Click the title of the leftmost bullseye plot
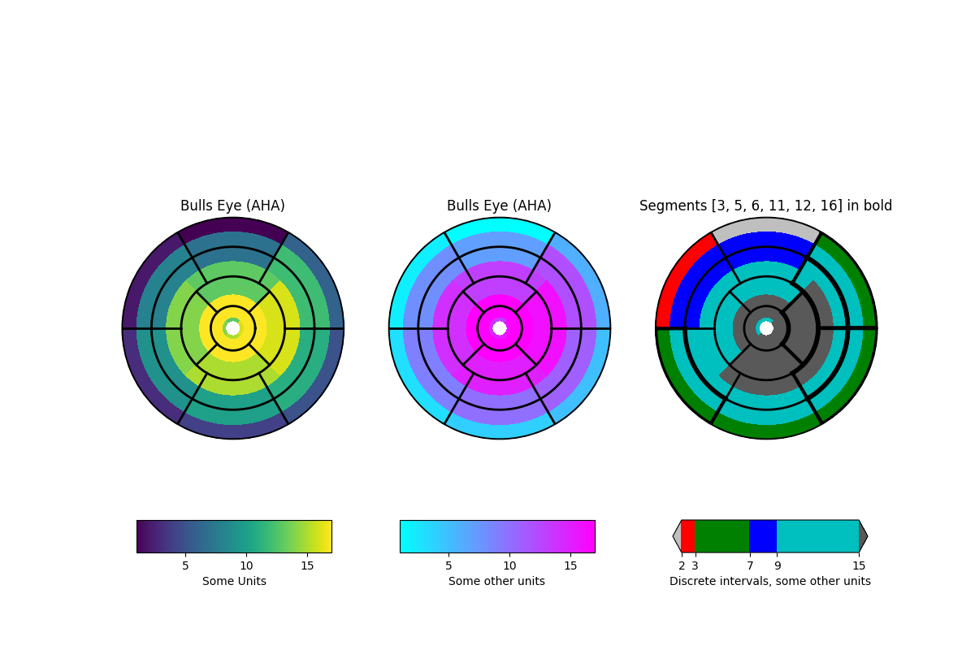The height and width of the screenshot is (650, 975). click(x=232, y=206)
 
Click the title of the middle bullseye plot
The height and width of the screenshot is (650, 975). click(x=499, y=206)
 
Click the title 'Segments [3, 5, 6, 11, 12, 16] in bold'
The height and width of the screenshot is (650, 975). click(x=765, y=206)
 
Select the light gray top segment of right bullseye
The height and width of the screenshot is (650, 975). click(x=766, y=225)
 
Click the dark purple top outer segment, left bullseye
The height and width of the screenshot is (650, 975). click(x=233, y=225)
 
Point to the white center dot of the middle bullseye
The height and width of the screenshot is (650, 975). click(x=500, y=328)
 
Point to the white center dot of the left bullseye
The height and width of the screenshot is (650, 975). click(x=233, y=328)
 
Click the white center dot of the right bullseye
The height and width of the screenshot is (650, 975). click(x=766, y=328)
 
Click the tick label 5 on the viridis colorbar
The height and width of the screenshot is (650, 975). click(x=185, y=565)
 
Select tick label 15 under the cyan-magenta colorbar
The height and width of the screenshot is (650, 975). click(x=570, y=565)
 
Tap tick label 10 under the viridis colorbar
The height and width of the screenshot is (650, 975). click(x=246, y=565)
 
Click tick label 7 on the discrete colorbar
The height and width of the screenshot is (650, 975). click(x=750, y=565)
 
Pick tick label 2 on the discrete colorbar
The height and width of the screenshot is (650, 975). click(x=682, y=565)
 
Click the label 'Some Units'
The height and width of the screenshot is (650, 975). click(x=234, y=581)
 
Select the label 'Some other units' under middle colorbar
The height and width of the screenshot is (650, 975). click(x=496, y=581)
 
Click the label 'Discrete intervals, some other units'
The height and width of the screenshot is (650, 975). click(x=769, y=581)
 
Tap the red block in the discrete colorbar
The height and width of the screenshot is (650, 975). click(x=688, y=536)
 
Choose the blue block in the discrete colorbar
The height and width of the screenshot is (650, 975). click(x=762, y=536)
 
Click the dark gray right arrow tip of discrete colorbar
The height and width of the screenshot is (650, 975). click(x=864, y=536)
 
